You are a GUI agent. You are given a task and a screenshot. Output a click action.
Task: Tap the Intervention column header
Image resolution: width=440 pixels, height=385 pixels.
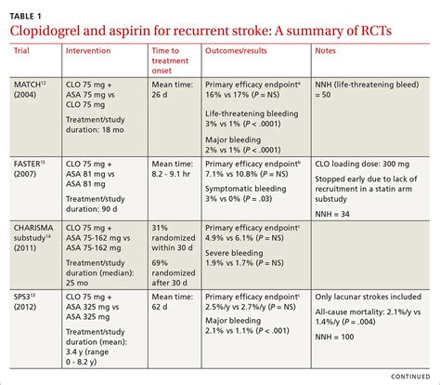(x=94, y=52)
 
